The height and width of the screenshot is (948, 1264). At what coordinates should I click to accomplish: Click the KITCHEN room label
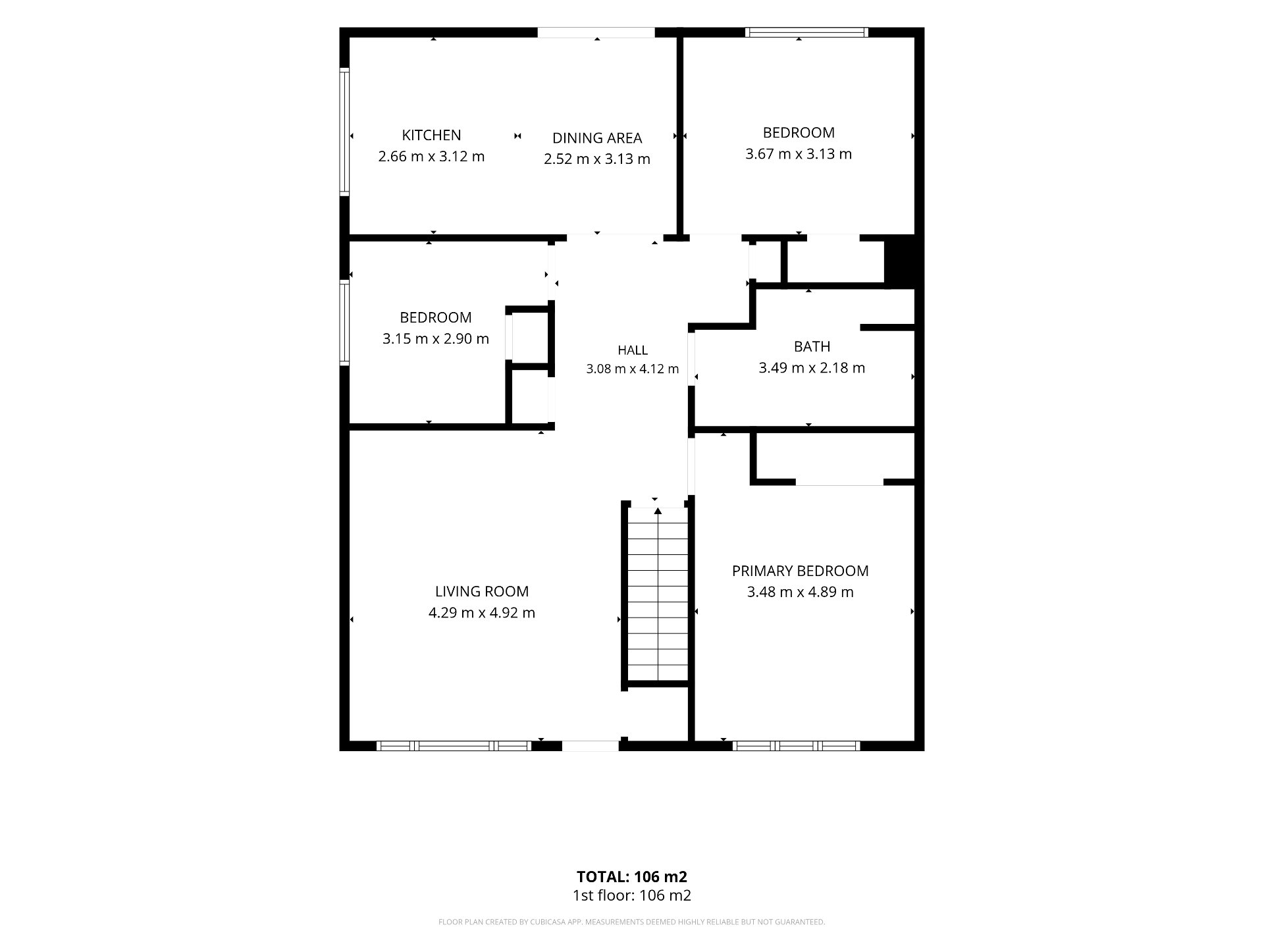click(x=431, y=135)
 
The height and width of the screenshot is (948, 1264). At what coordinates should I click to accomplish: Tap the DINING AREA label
click(x=597, y=138)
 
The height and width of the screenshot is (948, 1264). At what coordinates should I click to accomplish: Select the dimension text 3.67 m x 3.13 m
click(x=799, y=154)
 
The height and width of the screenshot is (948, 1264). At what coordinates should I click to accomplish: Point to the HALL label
click(x=633, y=350)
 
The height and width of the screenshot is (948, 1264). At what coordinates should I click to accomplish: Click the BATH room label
click(x=812, y=346)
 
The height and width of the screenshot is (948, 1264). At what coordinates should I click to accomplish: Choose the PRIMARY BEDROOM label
click(x=801, y=571)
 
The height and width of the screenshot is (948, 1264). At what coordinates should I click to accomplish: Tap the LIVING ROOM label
click(x=482, y=591)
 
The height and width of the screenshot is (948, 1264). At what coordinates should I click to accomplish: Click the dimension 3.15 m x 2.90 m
click(x=436, y=339)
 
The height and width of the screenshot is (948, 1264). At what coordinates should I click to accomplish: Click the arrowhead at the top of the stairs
click(x=658, y=511)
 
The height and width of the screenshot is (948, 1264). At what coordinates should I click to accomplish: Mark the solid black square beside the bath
click(x=899, y=261)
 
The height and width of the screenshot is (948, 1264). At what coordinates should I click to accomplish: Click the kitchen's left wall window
click(x=344, y=132)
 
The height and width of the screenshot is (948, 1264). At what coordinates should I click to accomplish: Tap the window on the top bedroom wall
click(x=806, y=32)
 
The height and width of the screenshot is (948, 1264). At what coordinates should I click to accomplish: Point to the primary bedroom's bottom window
click(x=796, y=746)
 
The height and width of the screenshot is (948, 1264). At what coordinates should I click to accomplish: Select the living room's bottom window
click(x=454, y=746)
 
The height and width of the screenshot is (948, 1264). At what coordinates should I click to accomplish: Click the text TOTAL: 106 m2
click(x=632, y=877)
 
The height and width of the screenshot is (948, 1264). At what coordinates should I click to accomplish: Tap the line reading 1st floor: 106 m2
click(x=632, y=895)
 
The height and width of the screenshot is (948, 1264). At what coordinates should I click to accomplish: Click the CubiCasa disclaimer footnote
click(x=632, y=922)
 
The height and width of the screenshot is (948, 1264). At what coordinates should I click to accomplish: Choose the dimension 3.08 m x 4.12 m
click(x=633, y=369)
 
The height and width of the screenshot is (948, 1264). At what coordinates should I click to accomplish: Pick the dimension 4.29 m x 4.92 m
click(x=482, y=613)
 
